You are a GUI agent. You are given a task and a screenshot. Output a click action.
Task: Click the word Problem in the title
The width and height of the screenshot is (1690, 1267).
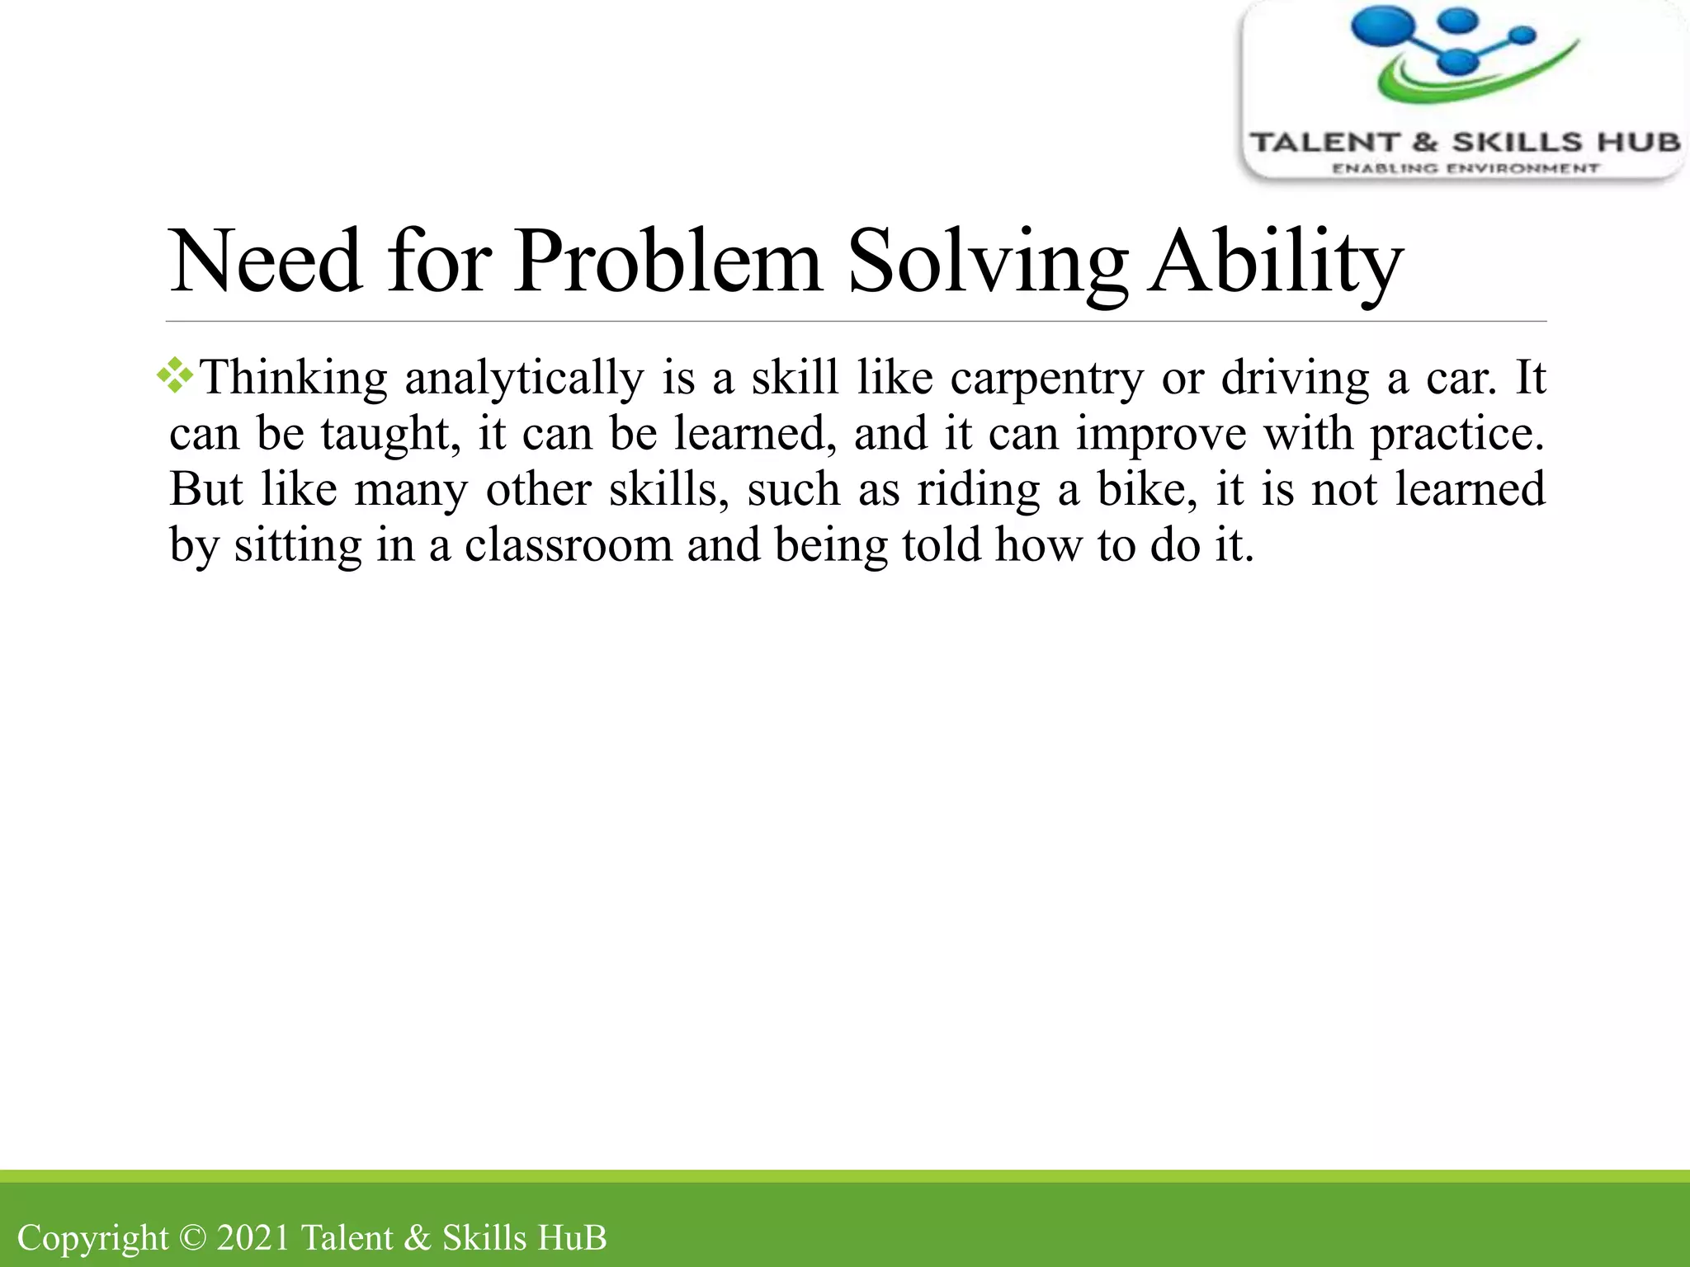[668, 262]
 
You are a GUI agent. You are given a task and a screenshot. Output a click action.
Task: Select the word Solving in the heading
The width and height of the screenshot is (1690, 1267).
[987, 262]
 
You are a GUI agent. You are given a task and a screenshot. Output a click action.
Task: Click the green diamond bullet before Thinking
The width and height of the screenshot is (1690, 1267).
[175, 376]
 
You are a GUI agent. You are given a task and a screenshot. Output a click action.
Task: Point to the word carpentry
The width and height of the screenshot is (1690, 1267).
[1047, 379]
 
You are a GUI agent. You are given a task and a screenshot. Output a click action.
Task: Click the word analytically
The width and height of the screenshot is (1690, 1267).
[524, 379]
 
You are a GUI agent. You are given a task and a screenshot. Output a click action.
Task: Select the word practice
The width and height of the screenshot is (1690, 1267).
[1456, 434]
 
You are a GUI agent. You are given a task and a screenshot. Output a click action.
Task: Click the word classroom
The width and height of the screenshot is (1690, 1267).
[569, 544]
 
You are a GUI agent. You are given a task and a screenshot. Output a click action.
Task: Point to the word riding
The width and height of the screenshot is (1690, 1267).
[979, 489]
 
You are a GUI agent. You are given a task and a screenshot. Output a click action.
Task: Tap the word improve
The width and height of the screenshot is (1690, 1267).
[1160, 434]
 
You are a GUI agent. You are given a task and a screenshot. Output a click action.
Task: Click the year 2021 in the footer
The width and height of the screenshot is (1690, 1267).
[253, 1238]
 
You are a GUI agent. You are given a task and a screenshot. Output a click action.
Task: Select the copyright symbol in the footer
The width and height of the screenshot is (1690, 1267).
[191, 1238]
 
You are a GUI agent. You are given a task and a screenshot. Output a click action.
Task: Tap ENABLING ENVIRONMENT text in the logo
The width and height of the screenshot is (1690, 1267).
[1466, 168]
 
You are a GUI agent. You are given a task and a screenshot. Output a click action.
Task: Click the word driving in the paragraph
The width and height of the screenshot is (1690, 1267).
[1295, 379]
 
